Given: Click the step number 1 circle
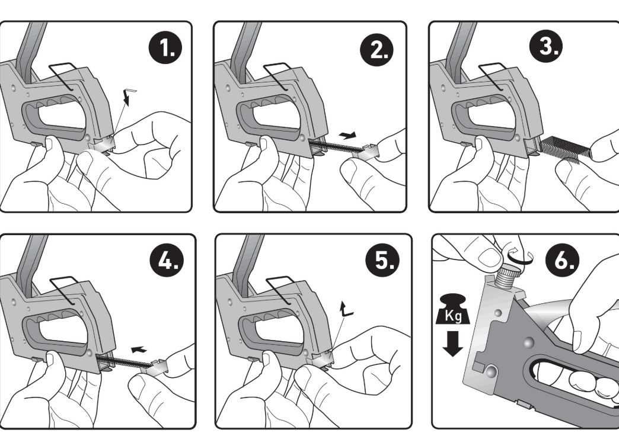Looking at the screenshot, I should pyautogui.click(x=165, y=50).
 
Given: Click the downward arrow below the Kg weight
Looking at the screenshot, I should pyautogui.click(x=454, y=342).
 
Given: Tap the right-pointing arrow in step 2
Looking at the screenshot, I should pyautogui.click(x=352, y=134).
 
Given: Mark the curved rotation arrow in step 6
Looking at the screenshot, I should pyautogui.click(x=521, y=254).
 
